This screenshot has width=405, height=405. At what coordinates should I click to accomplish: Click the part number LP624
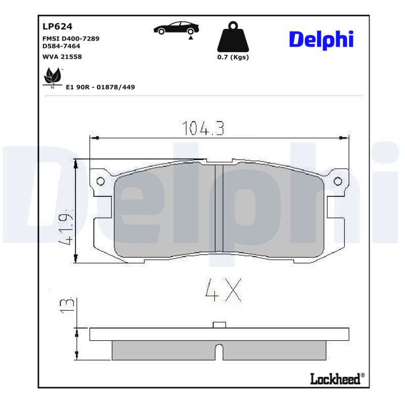57,26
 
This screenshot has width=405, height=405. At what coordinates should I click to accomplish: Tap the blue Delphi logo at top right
321,39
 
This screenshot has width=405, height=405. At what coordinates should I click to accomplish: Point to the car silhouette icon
176,28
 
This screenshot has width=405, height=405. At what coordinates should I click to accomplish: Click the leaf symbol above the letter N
53,75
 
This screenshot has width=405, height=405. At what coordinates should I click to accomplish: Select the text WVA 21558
62,57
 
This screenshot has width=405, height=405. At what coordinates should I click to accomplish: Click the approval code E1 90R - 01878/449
100,87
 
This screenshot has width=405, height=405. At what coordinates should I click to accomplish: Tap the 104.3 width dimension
203,128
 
